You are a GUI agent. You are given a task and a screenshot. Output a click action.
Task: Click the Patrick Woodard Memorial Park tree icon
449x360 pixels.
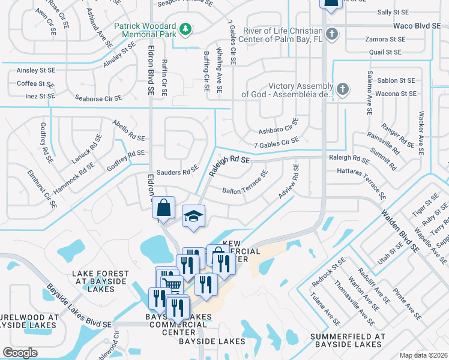(x=186, y=29)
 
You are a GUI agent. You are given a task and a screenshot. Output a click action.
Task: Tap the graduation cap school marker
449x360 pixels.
(x=193, y=215)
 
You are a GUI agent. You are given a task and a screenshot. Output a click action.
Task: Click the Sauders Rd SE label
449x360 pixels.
(x=177, y=172)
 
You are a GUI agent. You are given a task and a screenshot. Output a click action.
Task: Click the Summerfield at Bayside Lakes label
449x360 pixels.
(x=348, y=340)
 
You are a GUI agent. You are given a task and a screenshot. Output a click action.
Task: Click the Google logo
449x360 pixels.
(x=20, y=352)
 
